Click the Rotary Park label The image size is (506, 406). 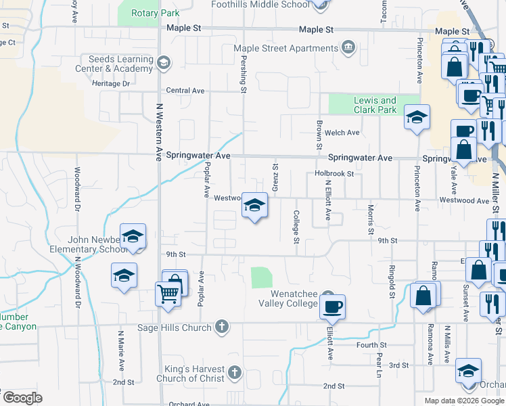[156, 14]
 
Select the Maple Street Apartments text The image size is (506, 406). [285, 48]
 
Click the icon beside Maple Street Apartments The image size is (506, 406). [348, 47]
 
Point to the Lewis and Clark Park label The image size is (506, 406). [375, 105]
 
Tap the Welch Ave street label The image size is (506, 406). [342, 133]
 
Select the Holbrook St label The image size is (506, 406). [334, 174]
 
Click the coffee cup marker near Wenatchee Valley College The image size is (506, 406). [331, 307]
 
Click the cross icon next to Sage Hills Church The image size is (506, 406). [221, 328]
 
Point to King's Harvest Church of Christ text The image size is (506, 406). [194, 374]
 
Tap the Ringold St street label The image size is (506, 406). [392, 281]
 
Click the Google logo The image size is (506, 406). [22, 397]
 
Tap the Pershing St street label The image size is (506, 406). [243, 76]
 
